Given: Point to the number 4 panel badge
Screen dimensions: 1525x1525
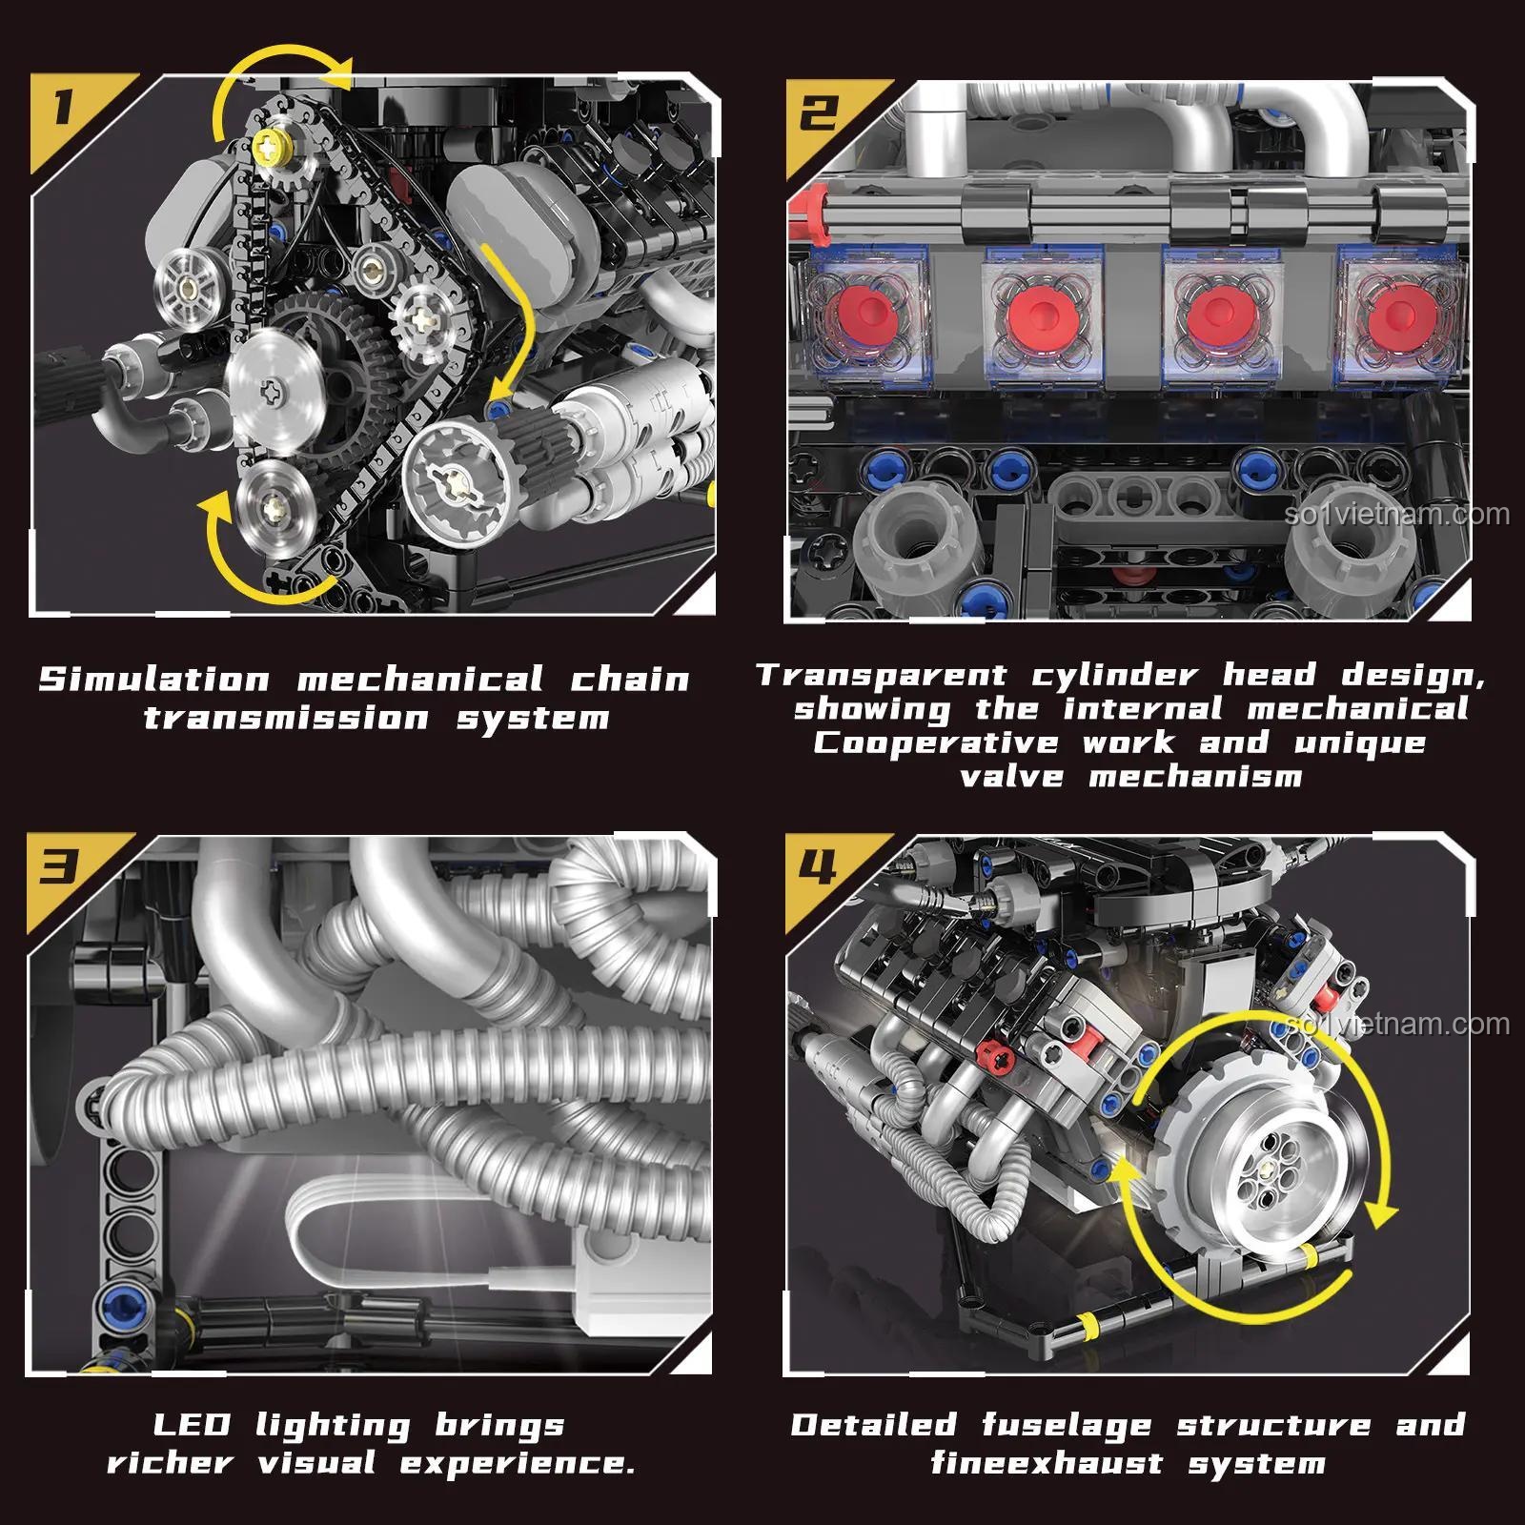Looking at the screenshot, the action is (x=820, y=866).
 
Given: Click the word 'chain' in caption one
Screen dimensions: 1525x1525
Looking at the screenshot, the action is (x=630, y=681).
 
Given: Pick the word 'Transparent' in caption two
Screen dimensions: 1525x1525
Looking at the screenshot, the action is (x=882, y=676).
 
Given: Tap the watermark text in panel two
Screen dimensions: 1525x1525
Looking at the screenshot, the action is (x=1396, y=515).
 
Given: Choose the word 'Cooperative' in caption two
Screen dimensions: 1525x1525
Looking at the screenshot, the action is (x=935, y=743).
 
